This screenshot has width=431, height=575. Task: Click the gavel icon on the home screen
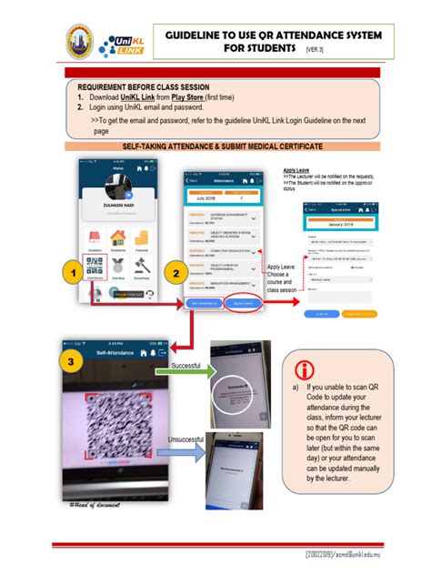142,267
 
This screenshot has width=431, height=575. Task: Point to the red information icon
304,369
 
